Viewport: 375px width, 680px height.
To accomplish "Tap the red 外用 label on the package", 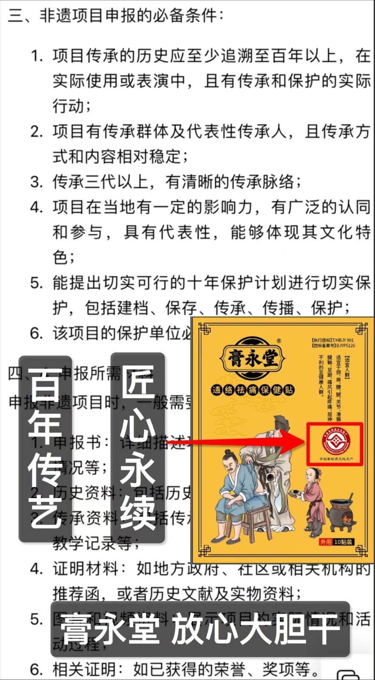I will [x=326, y=542].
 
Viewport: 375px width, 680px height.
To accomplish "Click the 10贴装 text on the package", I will [x=344, y=542].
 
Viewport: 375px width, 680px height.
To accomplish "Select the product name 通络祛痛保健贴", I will [x=253, y=390].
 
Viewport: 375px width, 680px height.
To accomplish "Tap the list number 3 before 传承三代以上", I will [x=36, y=182].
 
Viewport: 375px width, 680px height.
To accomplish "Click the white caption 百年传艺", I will [x=45, y=448].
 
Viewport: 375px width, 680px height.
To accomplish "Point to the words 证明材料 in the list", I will [x=85, y=569].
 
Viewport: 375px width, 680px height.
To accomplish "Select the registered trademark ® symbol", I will [x=279, y=341].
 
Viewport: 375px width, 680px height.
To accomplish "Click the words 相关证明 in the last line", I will [x=84, y=669].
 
